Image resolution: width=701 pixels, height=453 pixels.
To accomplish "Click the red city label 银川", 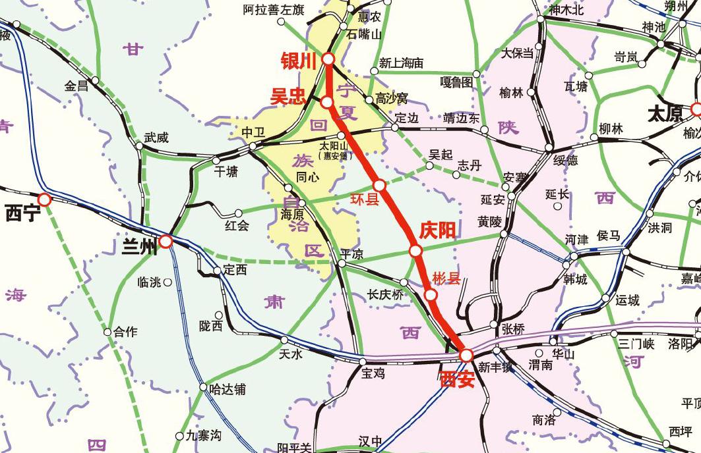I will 299,61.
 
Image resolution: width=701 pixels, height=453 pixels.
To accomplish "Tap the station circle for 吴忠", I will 326,102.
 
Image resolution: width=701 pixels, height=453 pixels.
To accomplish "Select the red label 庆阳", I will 437,230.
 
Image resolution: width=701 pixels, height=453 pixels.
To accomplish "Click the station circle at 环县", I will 379,186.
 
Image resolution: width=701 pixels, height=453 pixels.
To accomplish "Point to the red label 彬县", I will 446,279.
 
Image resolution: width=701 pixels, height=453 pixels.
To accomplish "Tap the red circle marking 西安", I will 466,356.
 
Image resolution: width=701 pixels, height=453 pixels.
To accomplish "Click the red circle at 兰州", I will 166,242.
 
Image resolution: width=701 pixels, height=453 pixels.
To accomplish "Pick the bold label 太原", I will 665,114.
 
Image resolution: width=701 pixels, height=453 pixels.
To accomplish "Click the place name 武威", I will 156,138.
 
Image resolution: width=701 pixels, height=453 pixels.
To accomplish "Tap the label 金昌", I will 76,86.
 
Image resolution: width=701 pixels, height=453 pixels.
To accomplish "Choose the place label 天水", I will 290,354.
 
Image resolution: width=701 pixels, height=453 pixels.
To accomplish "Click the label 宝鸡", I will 372,373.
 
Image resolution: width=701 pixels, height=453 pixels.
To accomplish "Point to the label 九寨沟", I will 202,435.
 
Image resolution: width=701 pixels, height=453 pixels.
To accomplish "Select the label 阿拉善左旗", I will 273,10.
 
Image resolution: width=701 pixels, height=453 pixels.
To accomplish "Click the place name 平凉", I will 351,253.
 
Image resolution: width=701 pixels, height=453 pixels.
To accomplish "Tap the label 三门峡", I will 636,343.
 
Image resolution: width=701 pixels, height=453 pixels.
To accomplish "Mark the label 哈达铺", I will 227,389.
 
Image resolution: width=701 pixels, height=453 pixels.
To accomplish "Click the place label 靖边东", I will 462,119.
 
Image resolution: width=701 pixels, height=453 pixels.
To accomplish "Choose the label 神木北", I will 566,10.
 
